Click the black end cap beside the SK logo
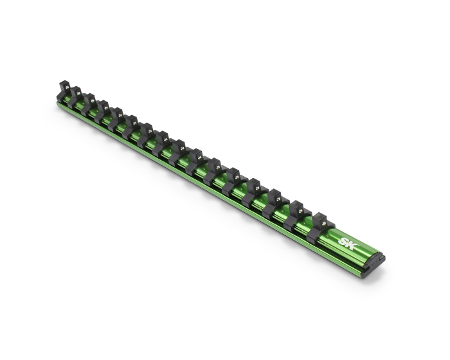click(379, 260)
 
